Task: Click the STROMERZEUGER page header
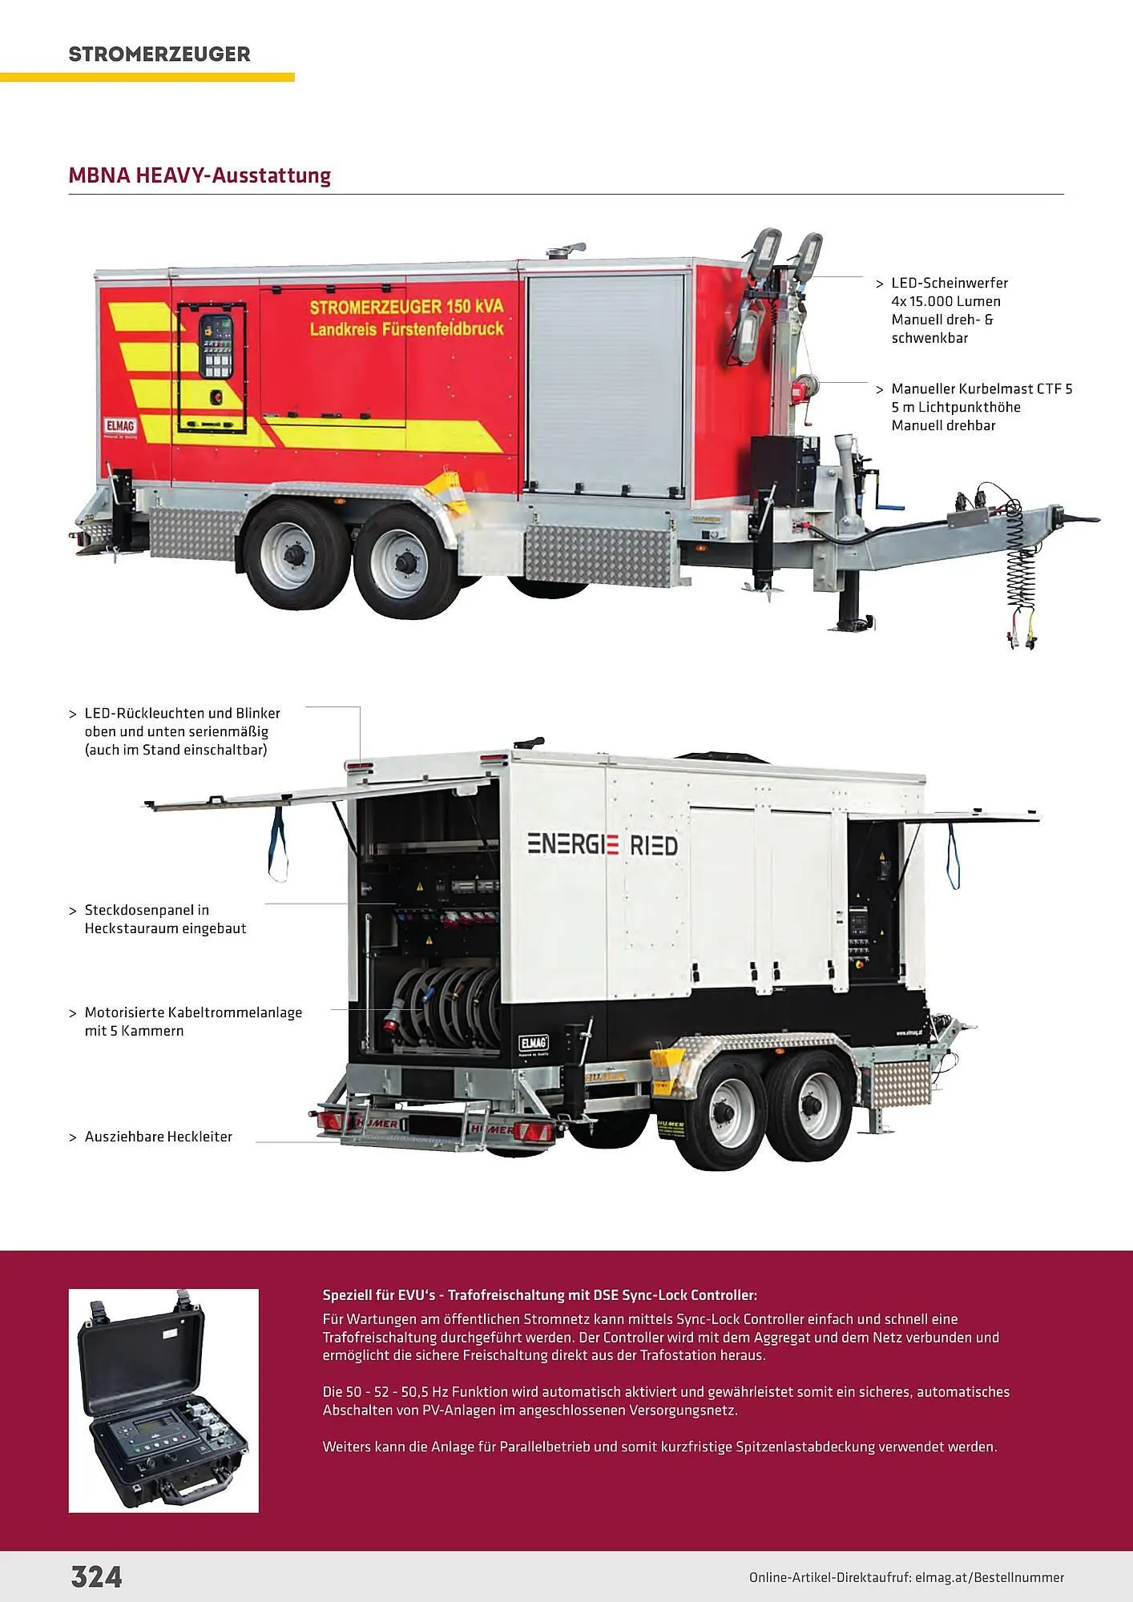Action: (159, 54)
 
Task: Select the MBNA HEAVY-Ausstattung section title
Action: (200, 175)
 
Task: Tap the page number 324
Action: (96, 1576)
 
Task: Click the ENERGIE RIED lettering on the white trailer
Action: (602, 844)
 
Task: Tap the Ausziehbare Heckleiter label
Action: (158, 1137)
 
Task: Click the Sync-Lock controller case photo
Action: (163, 1400)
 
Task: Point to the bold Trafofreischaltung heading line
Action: (539, 1294)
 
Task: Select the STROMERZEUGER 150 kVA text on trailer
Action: (406, 307)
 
